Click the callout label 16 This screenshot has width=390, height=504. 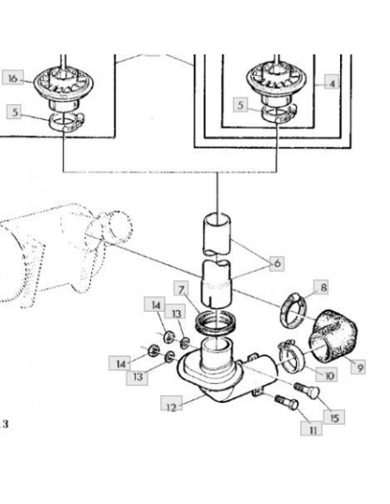13,78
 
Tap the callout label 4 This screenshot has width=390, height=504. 331,82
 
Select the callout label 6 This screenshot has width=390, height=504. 277,263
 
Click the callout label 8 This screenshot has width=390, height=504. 322,287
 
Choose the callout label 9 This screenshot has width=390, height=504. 358,367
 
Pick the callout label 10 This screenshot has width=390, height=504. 328,374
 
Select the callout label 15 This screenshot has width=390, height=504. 335,417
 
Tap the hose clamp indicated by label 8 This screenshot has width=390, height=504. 294,312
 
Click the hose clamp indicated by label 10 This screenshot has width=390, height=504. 291,356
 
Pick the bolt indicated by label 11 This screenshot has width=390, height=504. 286,401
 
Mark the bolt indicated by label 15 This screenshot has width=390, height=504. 306,389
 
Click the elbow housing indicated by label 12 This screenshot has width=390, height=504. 226,373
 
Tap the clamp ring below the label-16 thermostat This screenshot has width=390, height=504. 66,122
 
